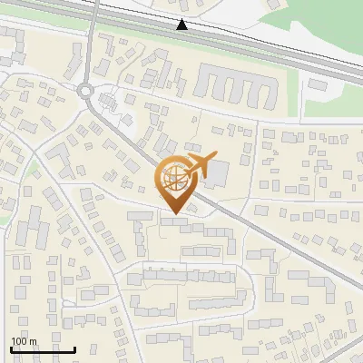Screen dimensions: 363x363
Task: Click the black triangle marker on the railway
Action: (182, 25)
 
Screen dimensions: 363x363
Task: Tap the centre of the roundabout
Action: (86, 90)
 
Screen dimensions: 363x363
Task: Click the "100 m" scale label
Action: (23, 341)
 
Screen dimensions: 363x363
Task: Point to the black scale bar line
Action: (43, 349)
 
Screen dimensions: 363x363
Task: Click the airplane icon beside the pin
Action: (201, 164)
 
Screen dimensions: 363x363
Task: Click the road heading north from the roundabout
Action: (91, 45)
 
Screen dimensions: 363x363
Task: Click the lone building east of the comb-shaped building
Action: (318, 84)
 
